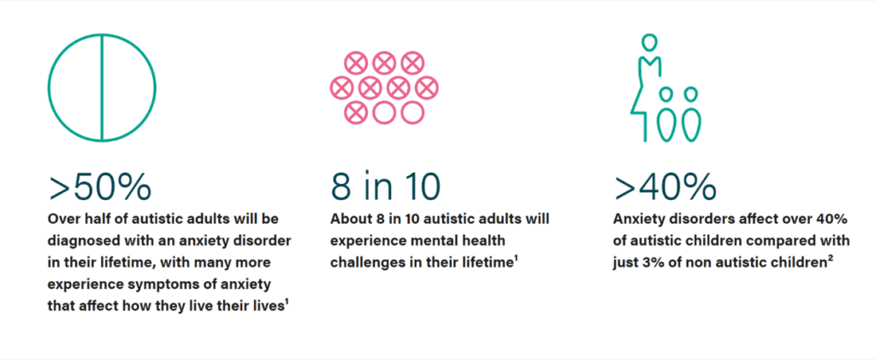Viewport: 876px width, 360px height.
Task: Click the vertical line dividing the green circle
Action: [102, 87]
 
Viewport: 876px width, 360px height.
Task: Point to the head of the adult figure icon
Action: [648, 42]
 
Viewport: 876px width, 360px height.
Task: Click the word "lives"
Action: [268, 306]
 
